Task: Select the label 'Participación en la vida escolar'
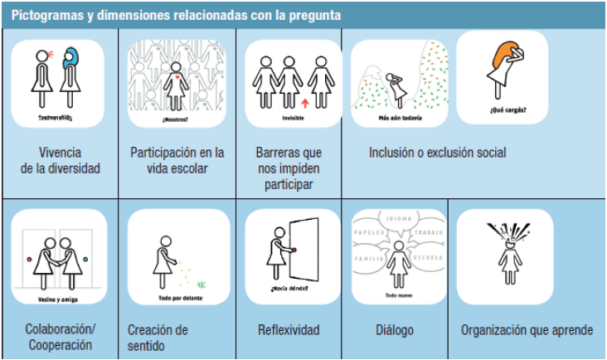point(177,160)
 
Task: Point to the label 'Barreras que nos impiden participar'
point(289,168)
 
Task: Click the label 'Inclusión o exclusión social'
point(437,153)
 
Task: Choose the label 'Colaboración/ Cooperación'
point(59,337)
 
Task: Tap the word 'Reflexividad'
point(289,330)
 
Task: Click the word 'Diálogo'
point(395,330)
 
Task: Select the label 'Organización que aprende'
point(527,330)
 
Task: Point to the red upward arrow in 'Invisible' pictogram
point(305,104)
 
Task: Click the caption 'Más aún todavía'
point(399,119)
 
